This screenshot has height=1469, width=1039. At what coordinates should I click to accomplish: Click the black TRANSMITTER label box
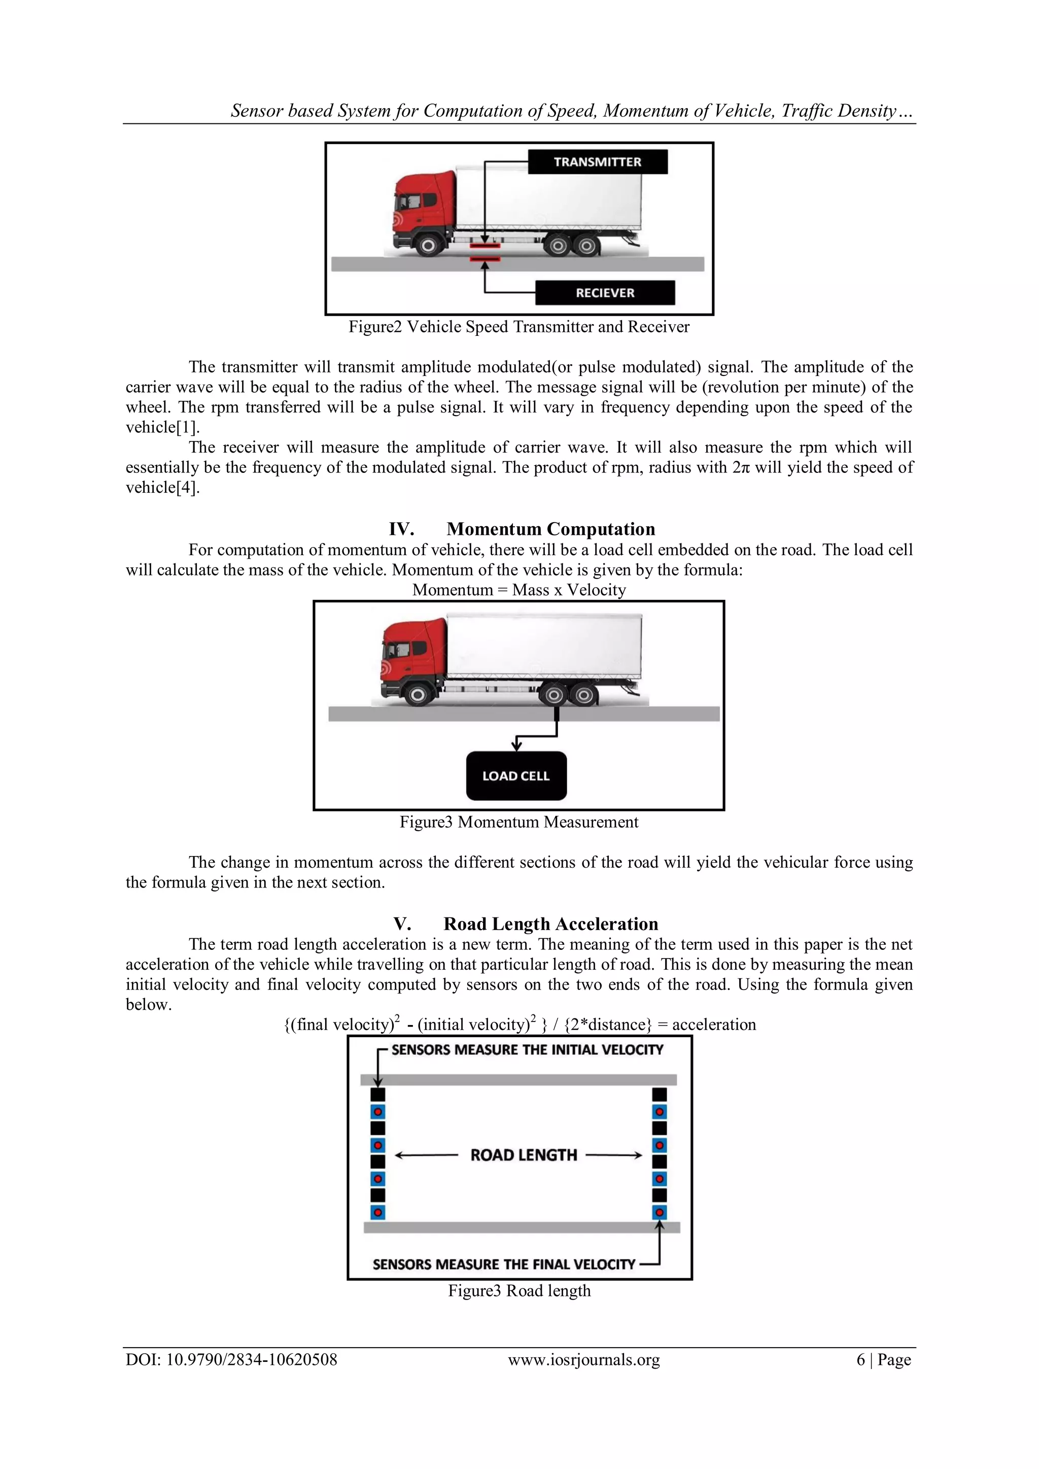[x=597, y=162]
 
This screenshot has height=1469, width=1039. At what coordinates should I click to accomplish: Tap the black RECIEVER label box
[x=605, y=293]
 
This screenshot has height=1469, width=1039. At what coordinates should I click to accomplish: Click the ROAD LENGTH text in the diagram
[x=524, y=1155]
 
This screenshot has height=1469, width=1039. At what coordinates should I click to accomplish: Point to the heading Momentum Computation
[x=550, y=529]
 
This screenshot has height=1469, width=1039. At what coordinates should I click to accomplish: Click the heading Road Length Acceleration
[x=550, y=924]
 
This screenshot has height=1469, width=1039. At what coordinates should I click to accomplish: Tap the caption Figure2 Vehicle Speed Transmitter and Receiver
[x=519, y=327]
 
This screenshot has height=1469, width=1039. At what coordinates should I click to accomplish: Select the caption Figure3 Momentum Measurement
[x=519, y=822]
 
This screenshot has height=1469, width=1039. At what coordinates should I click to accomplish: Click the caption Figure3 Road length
[x=519, y=1290]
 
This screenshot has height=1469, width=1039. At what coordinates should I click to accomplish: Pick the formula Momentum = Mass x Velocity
[x=519, y=590]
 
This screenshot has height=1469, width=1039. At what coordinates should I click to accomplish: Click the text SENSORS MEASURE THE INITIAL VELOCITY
[x=527, y=1050]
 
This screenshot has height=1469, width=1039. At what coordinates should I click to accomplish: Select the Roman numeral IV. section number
[x=401, y=529]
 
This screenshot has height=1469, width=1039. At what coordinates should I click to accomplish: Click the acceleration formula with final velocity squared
[x=519, y=1024]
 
